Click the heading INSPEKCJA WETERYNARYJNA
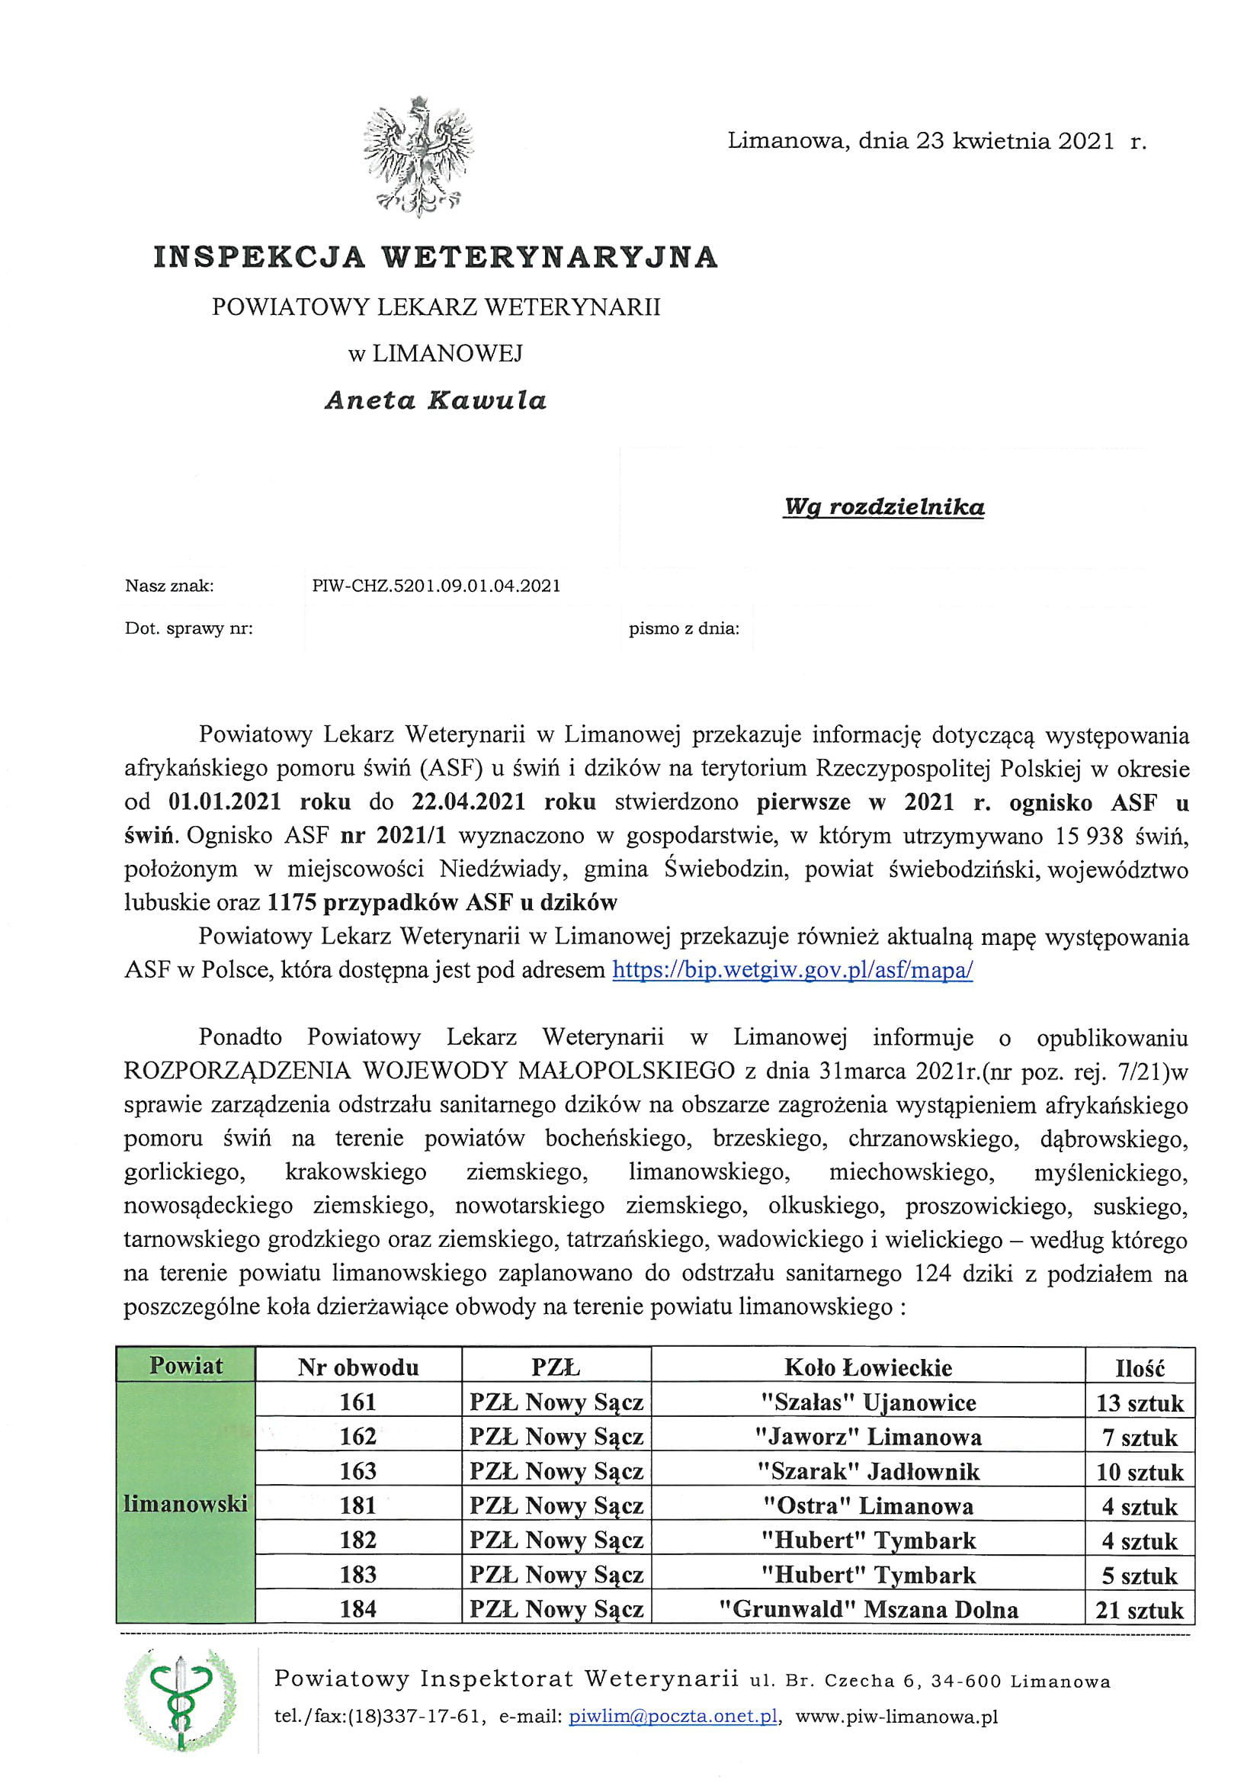point(435,257)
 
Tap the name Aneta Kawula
point(435,400)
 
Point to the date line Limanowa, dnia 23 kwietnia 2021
point(936,141)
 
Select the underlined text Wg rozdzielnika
point(883,507)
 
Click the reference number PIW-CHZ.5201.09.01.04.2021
point(435,586)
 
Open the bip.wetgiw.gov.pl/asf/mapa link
point(792,970)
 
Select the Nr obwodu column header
point(358,1367)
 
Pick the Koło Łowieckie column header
point(867,1367)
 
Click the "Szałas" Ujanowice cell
point(867,1402)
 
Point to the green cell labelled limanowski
point(185,1504)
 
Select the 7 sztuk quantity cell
point(1139,1438)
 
